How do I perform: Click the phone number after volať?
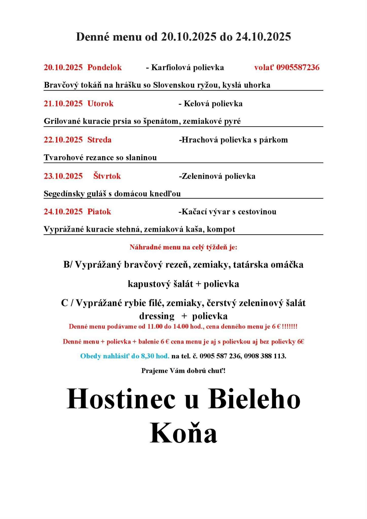[298, 67]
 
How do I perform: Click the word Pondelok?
[104, 67]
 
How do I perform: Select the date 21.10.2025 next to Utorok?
[63, 103]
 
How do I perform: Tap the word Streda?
[99, 140]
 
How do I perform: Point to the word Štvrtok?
[107, 176]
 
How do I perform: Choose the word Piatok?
[99, 211]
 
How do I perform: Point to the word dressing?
[157, 316]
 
